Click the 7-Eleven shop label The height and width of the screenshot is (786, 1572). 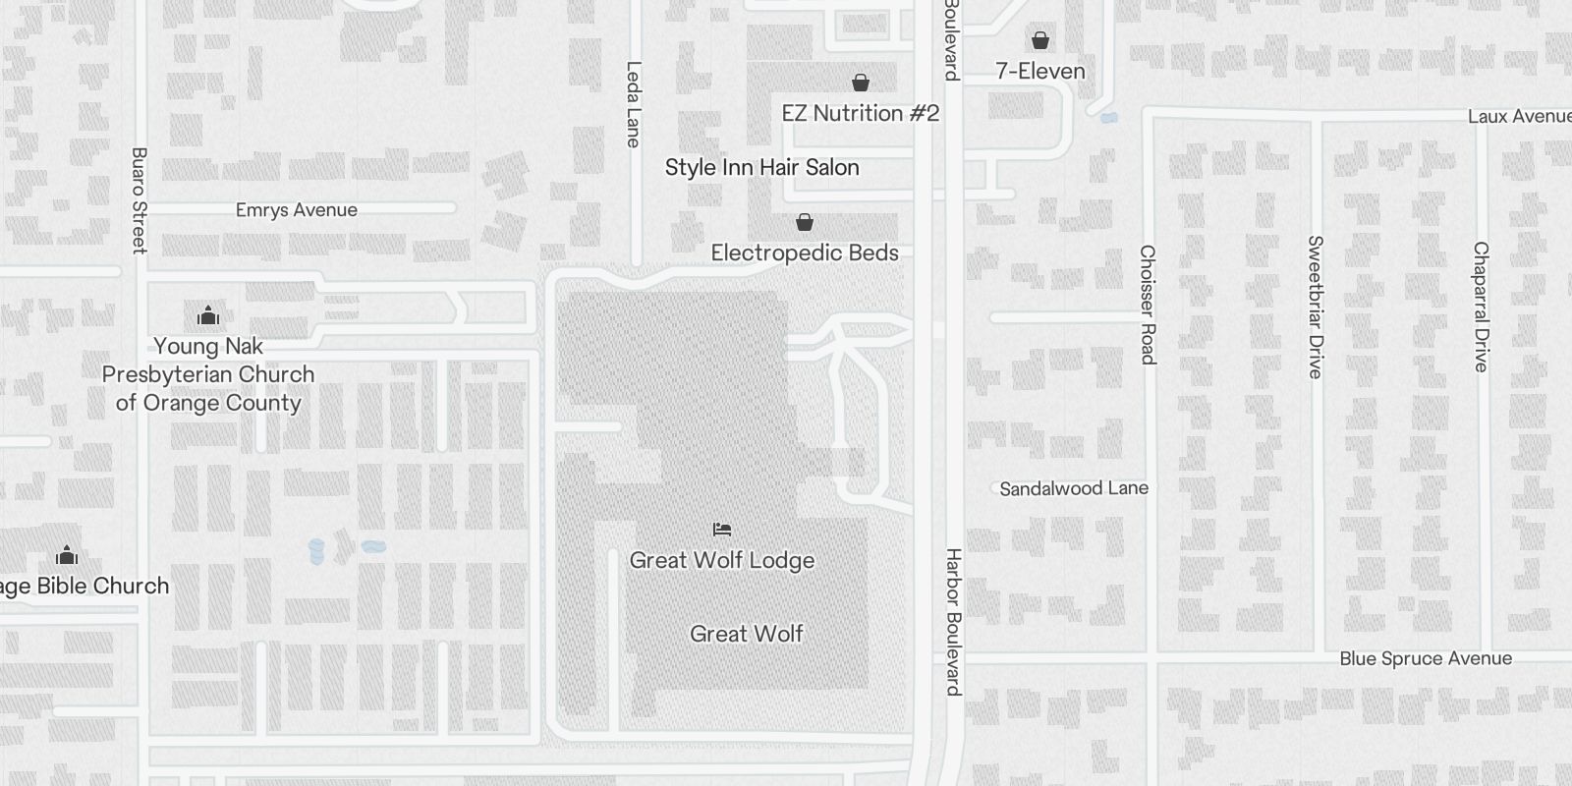[1039, 71]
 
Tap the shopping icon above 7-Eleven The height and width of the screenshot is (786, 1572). [1039, 40]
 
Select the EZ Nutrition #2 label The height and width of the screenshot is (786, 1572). [860, 113]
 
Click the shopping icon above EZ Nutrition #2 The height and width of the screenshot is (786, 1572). [861, 83]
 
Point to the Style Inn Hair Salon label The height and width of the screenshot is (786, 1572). [761, 167]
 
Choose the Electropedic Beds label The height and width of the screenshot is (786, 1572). [804, 253]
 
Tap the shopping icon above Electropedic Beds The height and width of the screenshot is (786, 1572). [804, 222]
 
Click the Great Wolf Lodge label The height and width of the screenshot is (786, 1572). [721, 560]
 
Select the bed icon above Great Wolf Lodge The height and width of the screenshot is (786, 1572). [722, 530]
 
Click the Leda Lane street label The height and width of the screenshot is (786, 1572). [634, 104]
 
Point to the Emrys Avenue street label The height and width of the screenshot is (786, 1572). [296, 210]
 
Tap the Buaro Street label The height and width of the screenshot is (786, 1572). [139, 200]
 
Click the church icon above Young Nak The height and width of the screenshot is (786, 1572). [208, 316]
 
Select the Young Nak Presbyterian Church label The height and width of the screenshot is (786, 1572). [208, 374]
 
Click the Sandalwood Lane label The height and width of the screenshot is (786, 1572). [1073, 488]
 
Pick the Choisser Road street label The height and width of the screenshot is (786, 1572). [1147, 305]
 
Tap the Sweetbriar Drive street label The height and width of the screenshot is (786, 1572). [1316, 307]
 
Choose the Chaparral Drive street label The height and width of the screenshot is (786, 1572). [1481, 307]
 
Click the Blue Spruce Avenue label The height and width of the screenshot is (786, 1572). [1425, 658]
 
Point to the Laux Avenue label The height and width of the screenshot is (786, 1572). [1519, 116]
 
